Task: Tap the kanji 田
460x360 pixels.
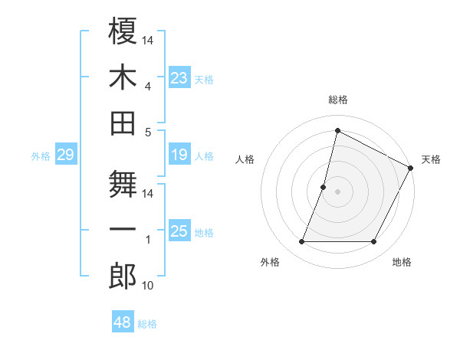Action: coord(123,123)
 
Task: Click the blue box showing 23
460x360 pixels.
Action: coord(179,78)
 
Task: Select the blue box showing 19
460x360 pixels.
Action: coord(179,155)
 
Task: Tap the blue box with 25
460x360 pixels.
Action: coord(179,231)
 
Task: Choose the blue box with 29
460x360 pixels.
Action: coord(65,155)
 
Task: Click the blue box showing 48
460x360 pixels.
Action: coord(123,322)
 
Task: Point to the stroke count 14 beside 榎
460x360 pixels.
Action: coord(148,40)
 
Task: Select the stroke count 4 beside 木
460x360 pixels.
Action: coord(148,86)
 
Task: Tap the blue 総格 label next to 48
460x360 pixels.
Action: coord(147,324)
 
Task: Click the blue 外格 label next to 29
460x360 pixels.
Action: coord(41,156)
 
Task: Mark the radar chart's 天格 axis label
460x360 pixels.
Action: coord(431,159)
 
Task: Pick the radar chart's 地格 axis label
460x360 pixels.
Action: coord(402,262)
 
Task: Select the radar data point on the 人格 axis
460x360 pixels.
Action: coord(324,187)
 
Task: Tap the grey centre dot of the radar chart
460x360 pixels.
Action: coord(337,191)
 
